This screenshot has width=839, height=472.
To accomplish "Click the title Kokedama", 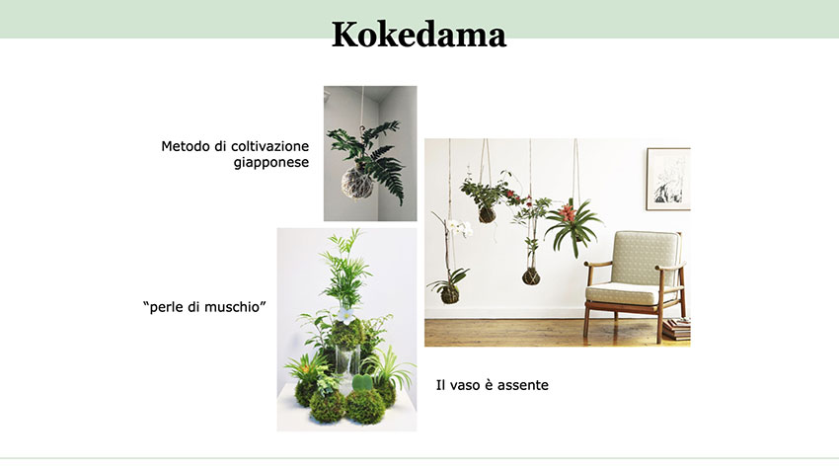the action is coord(419,35).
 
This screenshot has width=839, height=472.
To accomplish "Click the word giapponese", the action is coord(271,163).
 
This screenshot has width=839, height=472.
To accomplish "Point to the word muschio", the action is coord(233,307).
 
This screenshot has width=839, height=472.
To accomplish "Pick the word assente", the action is coord(523,385).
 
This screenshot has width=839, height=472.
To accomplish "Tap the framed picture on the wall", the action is coord(668,179).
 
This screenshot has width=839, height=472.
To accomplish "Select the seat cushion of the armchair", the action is coord(625,293).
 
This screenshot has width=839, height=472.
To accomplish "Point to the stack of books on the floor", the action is coord(677,329).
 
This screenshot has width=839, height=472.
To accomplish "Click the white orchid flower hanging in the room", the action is coord(460,228).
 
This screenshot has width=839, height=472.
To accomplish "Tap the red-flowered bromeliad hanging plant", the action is coord(572,225).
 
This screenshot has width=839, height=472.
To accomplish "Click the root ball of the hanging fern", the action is coord(357,183).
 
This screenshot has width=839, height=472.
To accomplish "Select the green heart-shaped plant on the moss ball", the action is coord(362,383).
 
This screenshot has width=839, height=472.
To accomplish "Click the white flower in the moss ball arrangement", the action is coord(345,314).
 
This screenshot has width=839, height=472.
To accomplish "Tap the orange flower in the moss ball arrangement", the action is coord(306,368).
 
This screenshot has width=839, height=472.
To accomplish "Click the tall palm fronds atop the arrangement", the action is coord(346,268).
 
